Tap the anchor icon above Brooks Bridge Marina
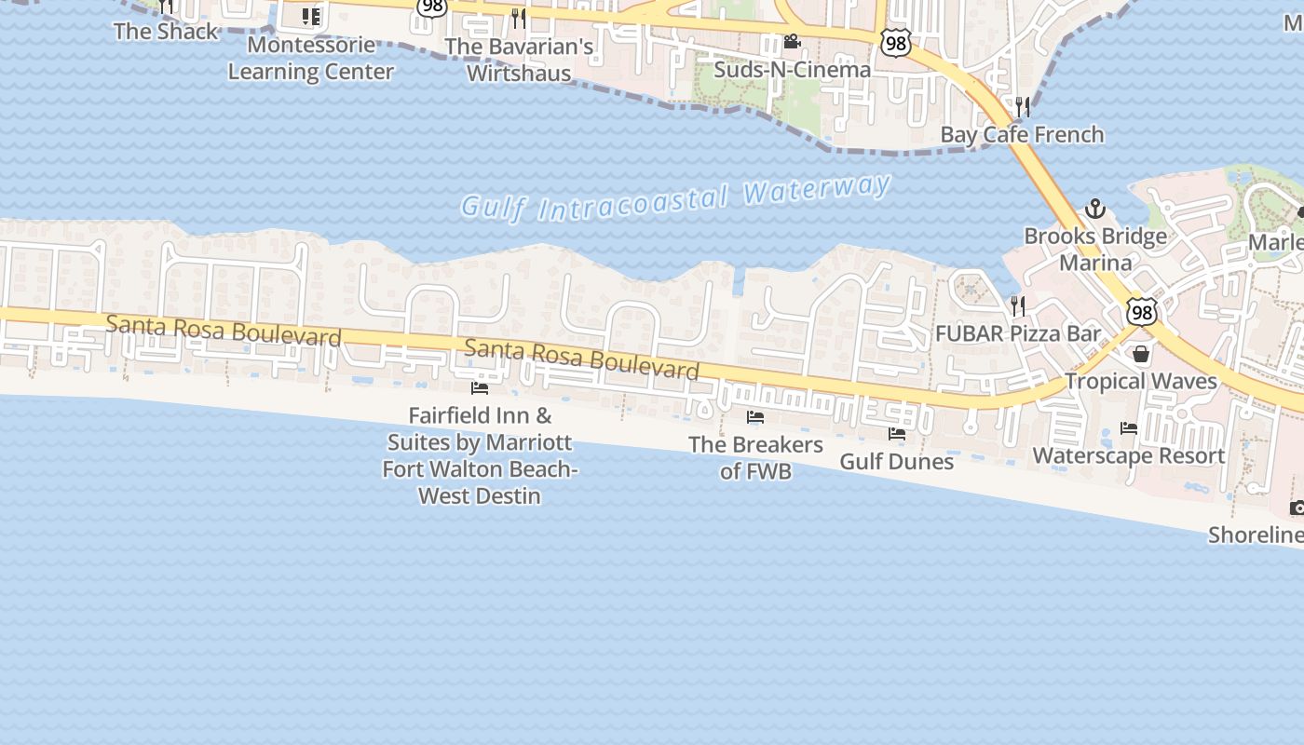1095,209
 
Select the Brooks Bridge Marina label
1095,249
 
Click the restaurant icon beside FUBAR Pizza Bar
1018,305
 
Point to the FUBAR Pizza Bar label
1018,333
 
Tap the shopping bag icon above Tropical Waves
1140,354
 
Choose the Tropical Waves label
1140,381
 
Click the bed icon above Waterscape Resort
1129,428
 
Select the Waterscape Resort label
1129,455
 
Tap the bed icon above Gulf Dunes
897,434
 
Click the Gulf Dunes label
897,461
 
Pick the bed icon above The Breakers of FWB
755,417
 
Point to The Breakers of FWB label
755,457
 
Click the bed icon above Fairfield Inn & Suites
480,387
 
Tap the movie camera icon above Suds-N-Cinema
792,42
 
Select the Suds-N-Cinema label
792,69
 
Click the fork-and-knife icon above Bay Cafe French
1023,107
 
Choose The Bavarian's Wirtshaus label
519,59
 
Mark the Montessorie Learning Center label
311,58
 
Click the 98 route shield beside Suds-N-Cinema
895,44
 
